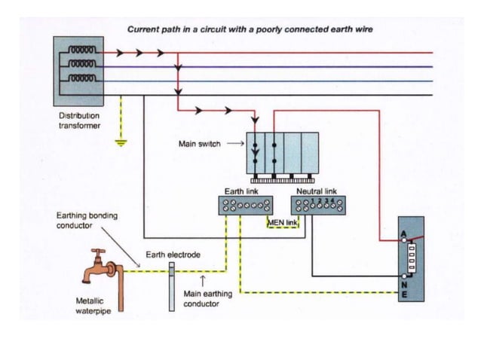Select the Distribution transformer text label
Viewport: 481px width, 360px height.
pos(79,121)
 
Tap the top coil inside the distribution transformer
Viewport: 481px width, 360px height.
pos(81,54)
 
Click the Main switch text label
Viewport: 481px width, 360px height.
pos(200,144)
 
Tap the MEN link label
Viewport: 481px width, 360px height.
pos(283,223)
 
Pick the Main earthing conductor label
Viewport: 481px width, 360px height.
pos(208,299)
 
